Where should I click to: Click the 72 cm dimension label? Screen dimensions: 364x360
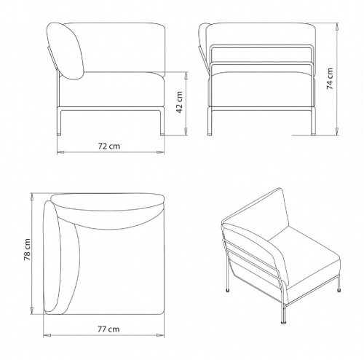109,146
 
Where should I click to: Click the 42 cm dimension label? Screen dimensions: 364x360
179,102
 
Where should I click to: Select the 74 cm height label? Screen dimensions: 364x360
330,79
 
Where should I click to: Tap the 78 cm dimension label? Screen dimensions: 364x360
27,249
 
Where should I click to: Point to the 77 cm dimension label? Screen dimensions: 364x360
108,329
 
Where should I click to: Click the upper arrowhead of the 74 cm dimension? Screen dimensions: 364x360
337,27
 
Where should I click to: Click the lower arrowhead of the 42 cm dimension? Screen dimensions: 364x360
186,131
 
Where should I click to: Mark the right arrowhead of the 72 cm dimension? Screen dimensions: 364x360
160,152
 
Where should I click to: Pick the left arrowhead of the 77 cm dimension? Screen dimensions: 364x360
47,335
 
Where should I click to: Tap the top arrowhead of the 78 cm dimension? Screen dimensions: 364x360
32,197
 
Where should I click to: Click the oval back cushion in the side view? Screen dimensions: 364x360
65,50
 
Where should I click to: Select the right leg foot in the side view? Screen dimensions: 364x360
162,133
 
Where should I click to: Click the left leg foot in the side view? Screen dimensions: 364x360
59,133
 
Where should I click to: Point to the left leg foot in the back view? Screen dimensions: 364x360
210,133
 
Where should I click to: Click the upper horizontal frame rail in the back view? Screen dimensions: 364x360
261,46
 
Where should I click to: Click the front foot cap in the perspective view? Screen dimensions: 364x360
284,323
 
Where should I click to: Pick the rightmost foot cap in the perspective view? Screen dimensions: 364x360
338,290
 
